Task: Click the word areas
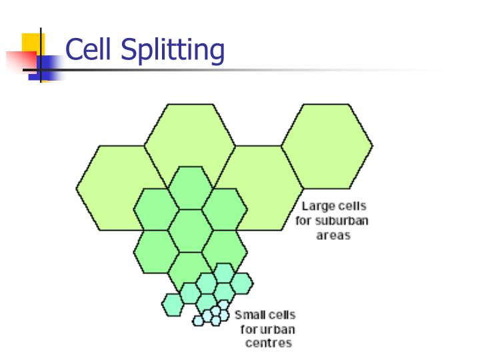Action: pyautogui.click(x=333, y=235)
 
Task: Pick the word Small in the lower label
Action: pyautogui.click(x=249, y=315)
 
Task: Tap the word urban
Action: pyautogui.click(x=279, y=329)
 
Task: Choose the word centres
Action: pyautogui.click(x=267, y=344)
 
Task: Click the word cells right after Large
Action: pyautogui.click(x=351, y=207)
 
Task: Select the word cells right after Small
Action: pyautogui.click(x=280, y=315)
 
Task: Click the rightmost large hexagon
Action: pyautogui.click(x=327, y=145)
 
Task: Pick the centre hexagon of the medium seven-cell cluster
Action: pyautogui.click(x=190, y=230)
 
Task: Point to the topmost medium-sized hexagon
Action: pyautogui.click(x=190, y=188)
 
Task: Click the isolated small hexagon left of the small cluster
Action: pyautogui.click(x=173, y=304)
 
